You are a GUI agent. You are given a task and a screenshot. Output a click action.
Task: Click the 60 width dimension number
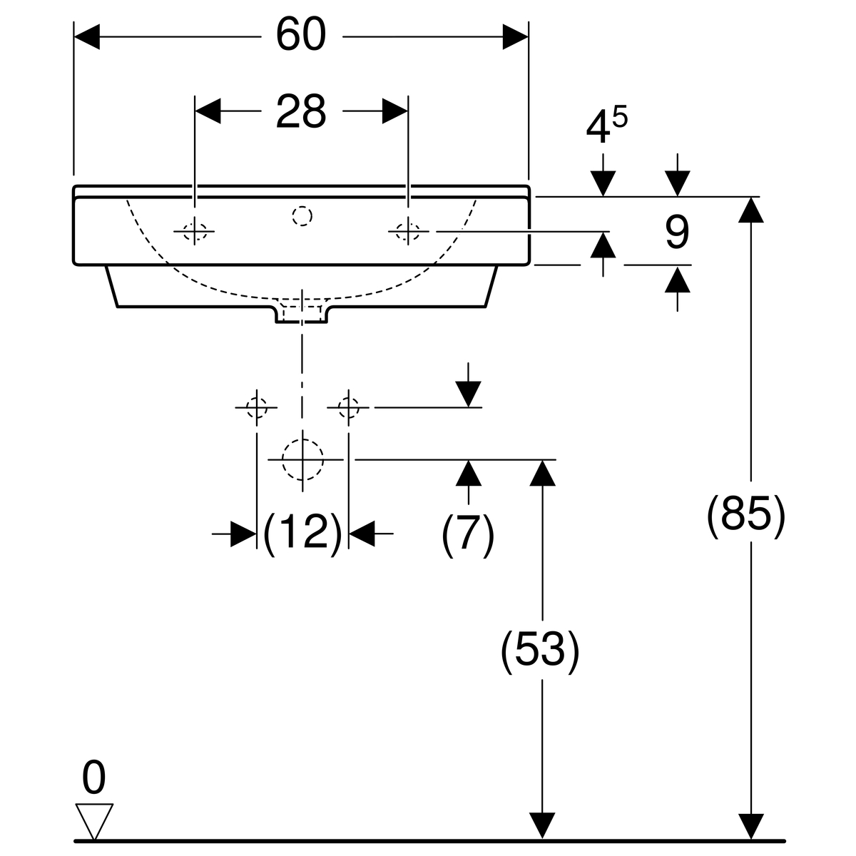[301, 35]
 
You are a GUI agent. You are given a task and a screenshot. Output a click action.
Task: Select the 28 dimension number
[301, 111]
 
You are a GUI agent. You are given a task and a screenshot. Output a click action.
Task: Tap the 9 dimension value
[676, 234]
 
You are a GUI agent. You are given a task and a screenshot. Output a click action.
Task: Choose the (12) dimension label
[302, 532]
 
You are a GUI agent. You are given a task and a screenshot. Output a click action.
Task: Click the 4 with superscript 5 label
[606, 126]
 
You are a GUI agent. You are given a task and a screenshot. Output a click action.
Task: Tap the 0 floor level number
[93, 777]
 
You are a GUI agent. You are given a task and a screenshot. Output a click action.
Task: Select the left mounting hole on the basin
[194, 230]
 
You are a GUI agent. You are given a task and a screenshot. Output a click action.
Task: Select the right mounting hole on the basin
[407, 230]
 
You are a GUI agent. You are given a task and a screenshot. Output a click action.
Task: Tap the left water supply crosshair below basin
[256, 407]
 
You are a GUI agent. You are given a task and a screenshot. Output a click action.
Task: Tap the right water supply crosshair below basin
[348, 407]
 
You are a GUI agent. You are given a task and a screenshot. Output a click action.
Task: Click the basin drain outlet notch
[302, 315]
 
